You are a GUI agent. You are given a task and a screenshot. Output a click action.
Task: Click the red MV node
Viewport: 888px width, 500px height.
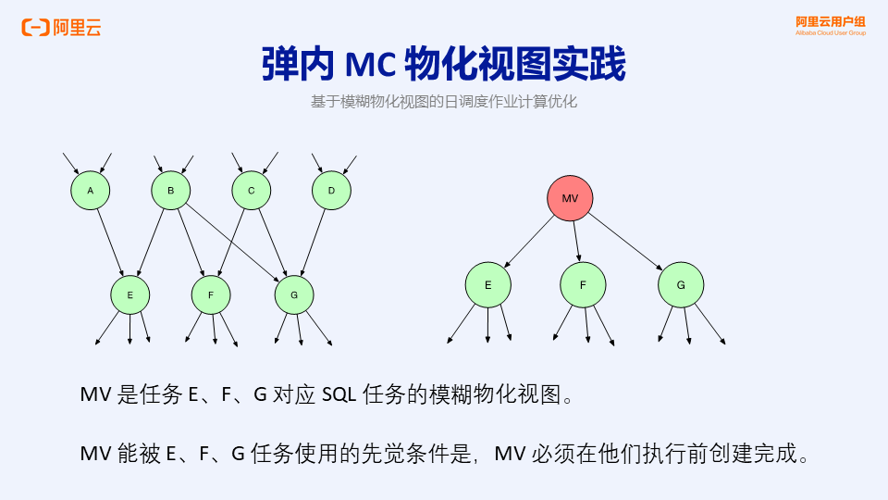pyautogui.click(x=570, y=198)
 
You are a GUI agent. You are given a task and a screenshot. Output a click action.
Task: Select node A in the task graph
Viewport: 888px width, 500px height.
pyautogui.click(x=91, y=191)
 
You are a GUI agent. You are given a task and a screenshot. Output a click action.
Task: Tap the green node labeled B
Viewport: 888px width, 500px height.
pyautogui.click(x=171, y=191)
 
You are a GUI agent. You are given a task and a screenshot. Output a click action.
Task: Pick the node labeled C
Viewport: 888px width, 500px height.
pyautogui.click(x=251, y=191)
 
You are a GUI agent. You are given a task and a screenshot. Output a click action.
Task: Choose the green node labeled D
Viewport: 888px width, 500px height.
pyautogui.click(x=331, y=191)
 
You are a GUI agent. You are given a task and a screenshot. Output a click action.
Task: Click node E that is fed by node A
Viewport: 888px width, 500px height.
pyautogui.click(x=130, y=295)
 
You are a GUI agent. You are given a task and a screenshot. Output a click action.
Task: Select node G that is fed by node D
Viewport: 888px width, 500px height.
pyautogui.click(x=294, y=295)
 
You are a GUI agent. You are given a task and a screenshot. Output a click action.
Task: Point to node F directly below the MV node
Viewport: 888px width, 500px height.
pyautogui.click(x=583, y=285)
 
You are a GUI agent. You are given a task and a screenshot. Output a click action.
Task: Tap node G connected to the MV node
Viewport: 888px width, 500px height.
pyautogui.click(x=681, y=285)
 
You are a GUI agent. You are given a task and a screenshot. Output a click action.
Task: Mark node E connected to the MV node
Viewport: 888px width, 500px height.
pyautogui.click(x=488, y=285)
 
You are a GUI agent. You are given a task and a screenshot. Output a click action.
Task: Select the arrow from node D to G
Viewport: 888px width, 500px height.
pyautogui.click(x=314, y=243)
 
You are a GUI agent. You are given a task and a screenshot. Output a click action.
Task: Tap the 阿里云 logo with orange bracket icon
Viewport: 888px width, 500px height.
pyautogui.click(x=62, y=28)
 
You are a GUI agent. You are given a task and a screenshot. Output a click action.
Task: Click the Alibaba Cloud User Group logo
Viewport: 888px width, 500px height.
pyautogui.click(x=830, y=25)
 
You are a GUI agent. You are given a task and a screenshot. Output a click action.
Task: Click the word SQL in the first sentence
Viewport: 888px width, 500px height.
pyautogui.click(x=341, y=395)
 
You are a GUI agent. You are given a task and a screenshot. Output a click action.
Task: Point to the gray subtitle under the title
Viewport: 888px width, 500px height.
pyautogui.click(x=444, y=102)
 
